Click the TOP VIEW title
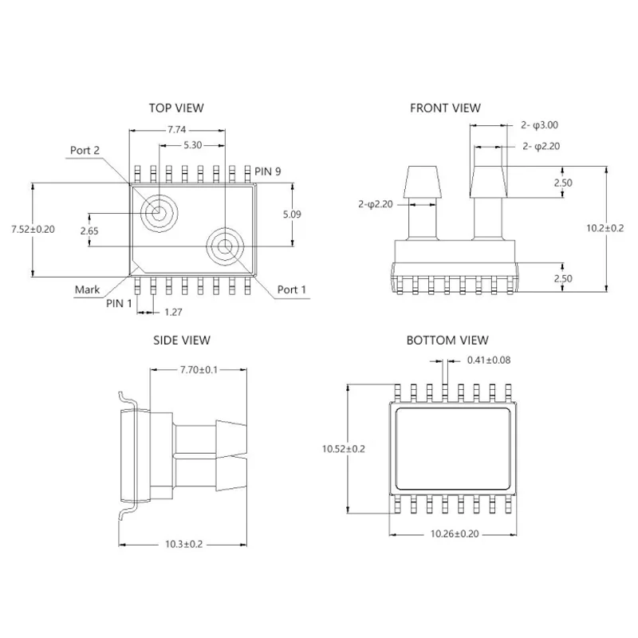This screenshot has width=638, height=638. coord(176,108)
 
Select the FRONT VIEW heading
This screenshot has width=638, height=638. coord(445,108)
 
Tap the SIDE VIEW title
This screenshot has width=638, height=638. coord(181,341)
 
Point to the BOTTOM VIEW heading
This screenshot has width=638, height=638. coord(443,341)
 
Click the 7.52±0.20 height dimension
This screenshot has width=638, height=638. coord(33,229)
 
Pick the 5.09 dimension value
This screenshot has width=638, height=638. coord(293,214)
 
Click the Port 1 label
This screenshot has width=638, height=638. coord(292,289)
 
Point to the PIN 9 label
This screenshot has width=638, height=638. coord(268,171)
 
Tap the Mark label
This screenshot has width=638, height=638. coord(87,289)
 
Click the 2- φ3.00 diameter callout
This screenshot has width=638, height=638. coord(539,125)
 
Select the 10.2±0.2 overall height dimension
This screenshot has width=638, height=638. coord(605,228)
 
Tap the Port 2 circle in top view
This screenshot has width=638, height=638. coord(156,213)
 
